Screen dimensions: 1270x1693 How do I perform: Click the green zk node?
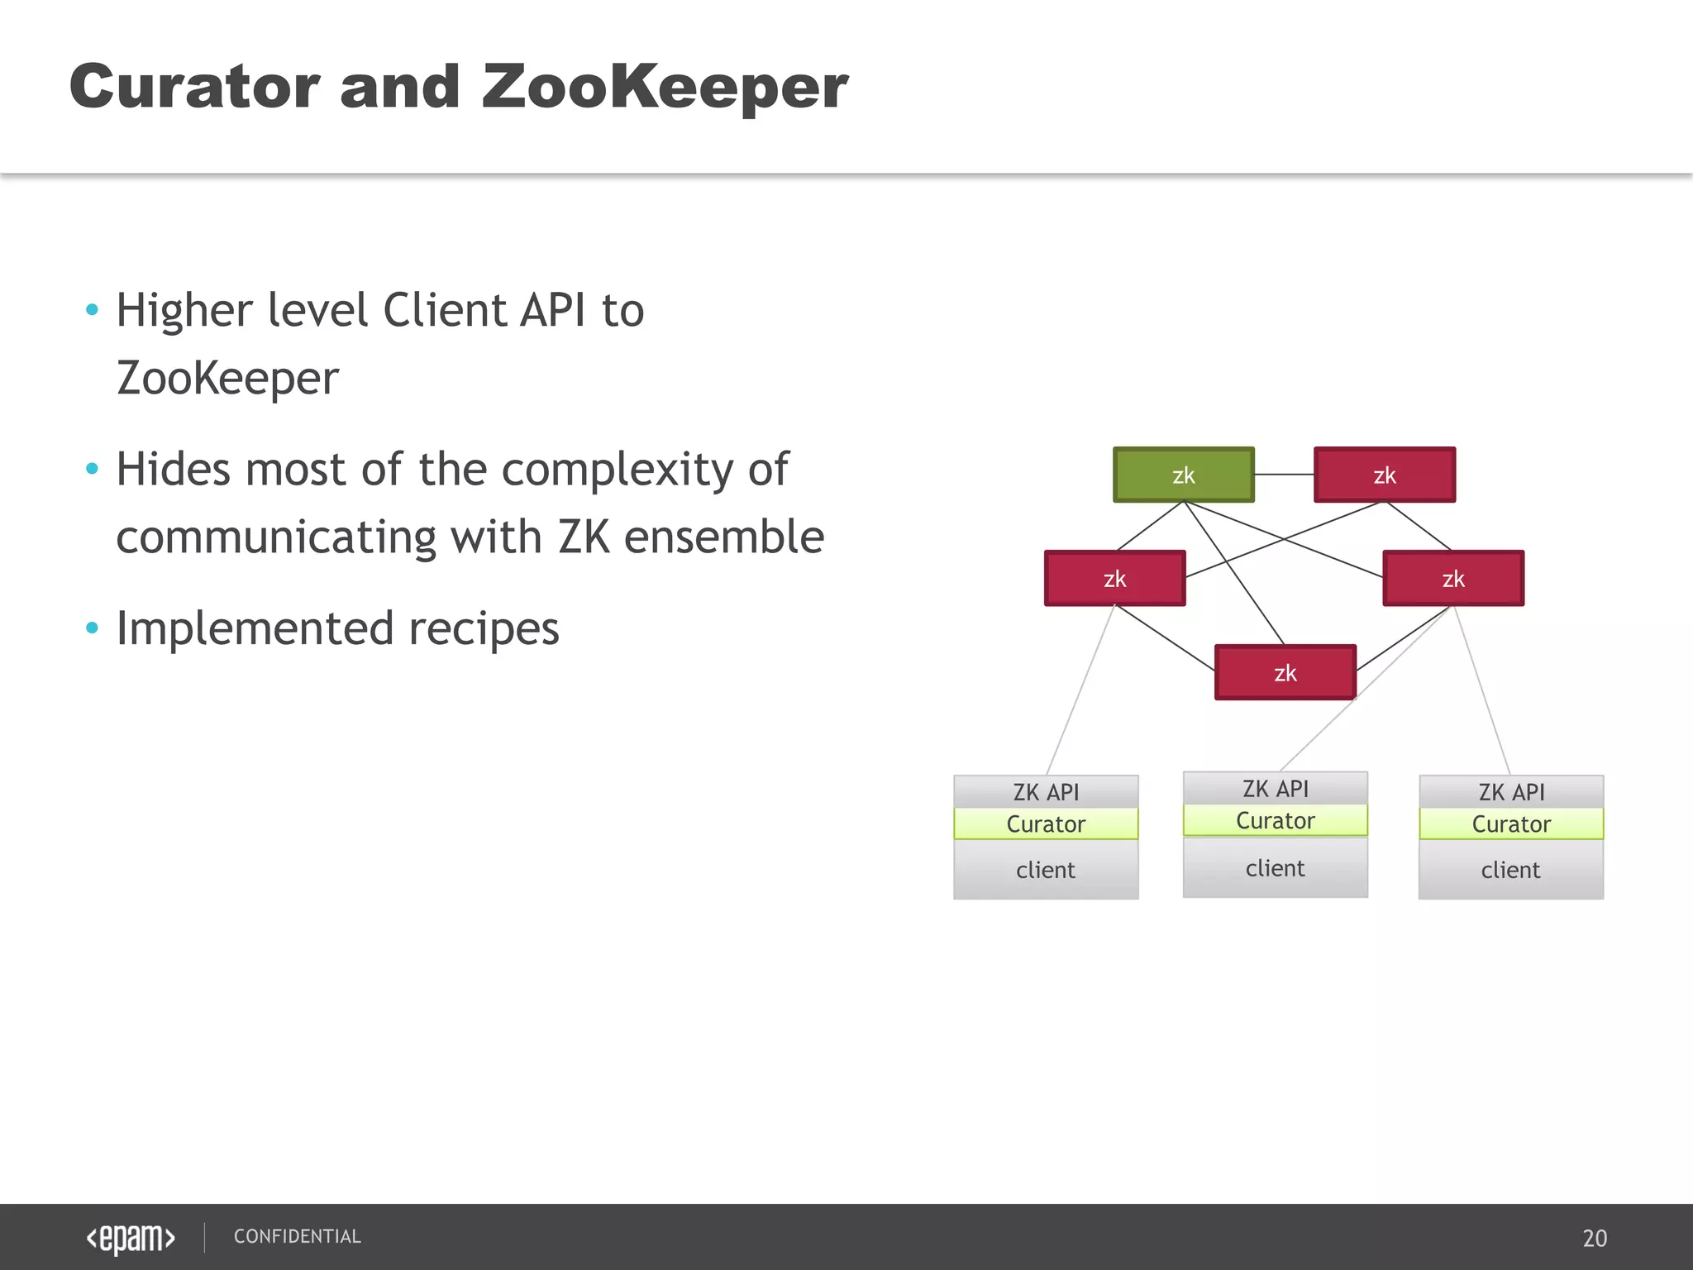[1184, 475]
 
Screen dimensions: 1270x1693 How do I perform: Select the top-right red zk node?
[1385, 475]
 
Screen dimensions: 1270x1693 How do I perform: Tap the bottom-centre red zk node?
[1285, 672]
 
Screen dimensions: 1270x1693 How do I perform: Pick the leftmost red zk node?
[1114, 578]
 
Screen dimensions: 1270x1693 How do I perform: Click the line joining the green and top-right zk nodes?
[1284, 475]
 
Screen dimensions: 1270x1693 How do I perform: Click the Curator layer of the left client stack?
[1046, 824]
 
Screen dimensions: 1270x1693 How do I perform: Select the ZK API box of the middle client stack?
[1275, 788]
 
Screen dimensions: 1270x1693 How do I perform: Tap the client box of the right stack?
[1510, 869]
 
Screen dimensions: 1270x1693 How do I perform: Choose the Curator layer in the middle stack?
[1275, 820]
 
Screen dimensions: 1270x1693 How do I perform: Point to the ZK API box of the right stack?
[1510, 791]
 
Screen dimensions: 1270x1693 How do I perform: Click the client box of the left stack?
[1046, 869]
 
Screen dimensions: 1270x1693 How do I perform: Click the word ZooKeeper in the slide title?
[665, 86]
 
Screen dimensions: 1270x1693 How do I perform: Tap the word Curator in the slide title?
[194, 86]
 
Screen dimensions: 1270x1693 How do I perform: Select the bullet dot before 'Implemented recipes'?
[92, 628]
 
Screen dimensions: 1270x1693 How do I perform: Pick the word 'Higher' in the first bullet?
[184, 310]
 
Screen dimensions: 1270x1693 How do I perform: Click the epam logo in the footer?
[131, 1238]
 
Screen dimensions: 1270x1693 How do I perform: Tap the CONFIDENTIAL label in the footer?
[297, 1236]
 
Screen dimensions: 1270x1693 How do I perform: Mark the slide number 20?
[1595, 1238]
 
